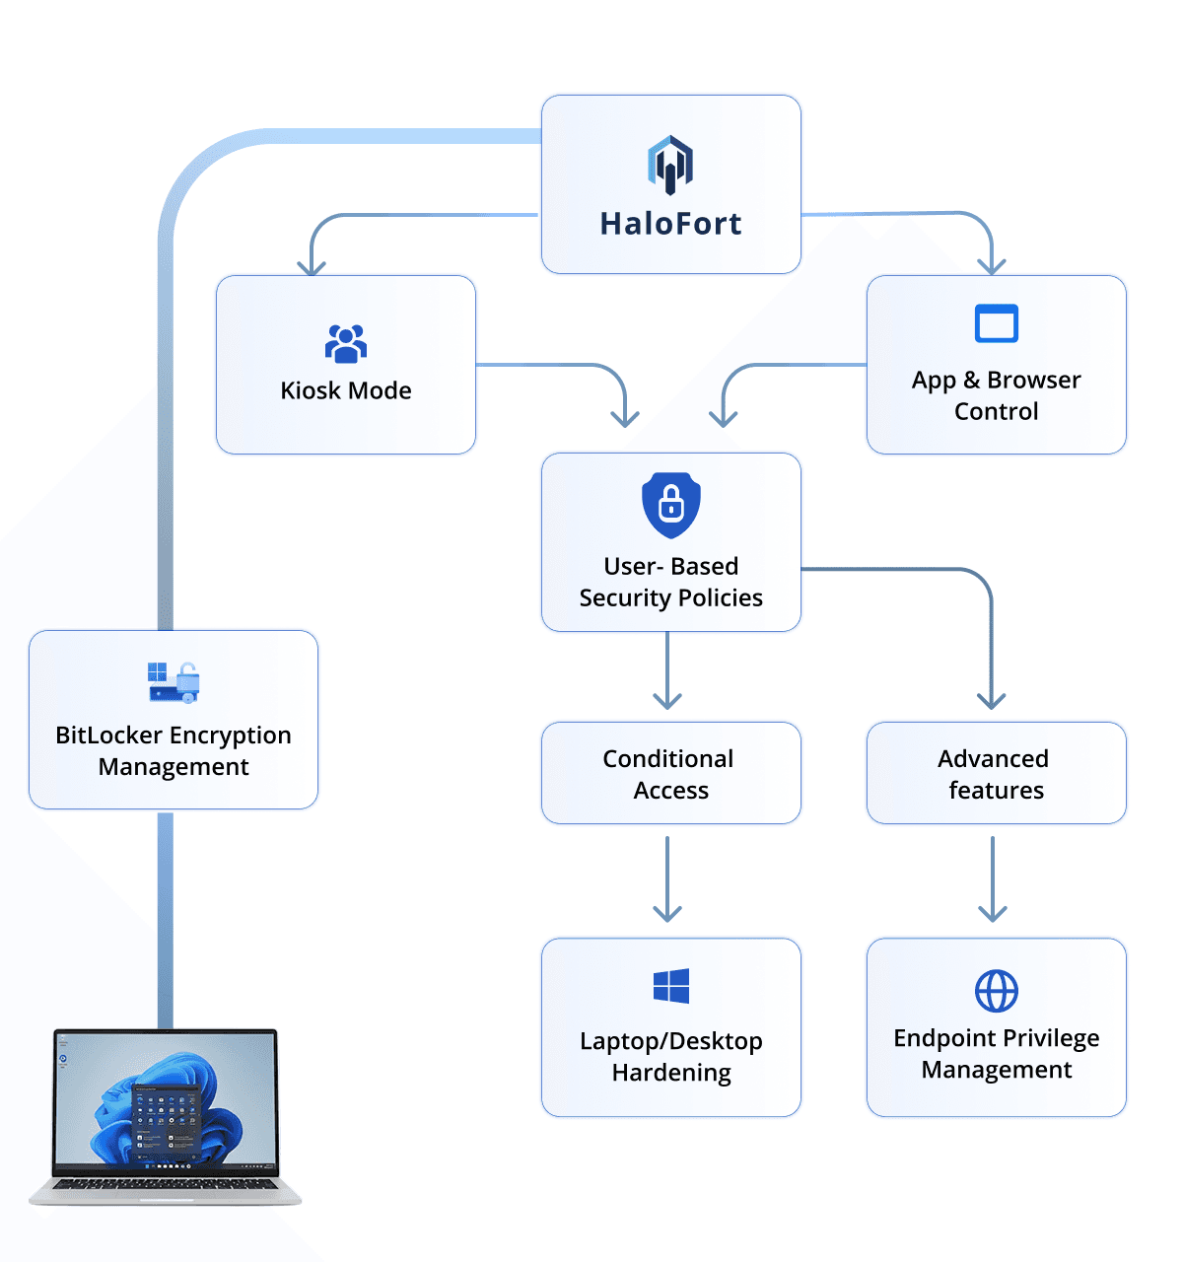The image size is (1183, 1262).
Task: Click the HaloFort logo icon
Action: click(670, 164)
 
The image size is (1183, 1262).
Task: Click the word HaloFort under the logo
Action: click(670, 224)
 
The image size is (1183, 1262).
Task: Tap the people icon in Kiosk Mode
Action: click(346, 343)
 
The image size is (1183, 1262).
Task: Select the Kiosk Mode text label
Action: click(346, 390)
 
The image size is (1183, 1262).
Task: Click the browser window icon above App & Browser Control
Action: click(996, 323)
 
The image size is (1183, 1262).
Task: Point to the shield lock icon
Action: click(670, 505)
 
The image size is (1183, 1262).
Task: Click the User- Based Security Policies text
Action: click(670, 582)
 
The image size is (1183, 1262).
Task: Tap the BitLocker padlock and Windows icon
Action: click(174, 682)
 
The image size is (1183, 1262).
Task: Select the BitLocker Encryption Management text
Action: click(174, 751)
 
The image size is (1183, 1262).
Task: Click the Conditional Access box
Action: click(670, 773)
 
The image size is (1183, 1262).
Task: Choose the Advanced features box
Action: click(996, 773)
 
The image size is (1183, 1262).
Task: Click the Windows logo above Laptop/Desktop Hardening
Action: click(670, 986)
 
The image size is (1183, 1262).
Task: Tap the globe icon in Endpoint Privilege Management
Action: click(996, 991)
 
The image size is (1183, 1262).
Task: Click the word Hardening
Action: click(670, 1073)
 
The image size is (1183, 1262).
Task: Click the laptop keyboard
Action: click(166, 1183)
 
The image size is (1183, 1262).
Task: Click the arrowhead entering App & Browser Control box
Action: click(991, 264)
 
